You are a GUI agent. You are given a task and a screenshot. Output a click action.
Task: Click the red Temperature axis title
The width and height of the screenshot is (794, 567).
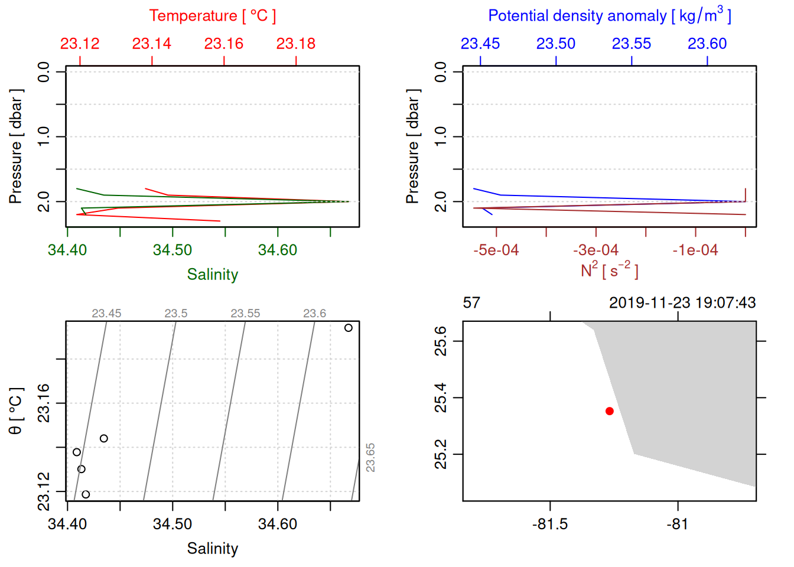tap(212, 16)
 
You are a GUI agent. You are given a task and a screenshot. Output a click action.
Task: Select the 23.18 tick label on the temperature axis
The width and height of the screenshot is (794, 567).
tap(295, 44)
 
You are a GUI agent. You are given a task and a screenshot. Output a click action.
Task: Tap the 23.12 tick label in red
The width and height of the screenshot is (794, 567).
tap(80, 44)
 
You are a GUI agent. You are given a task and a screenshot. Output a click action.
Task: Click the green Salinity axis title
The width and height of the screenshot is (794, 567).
tap(212, 275)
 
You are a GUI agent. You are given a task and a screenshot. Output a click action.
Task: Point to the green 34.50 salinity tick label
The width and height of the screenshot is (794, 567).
tap(173, 250)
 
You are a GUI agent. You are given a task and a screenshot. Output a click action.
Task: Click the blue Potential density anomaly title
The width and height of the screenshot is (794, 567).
tap(609, 16)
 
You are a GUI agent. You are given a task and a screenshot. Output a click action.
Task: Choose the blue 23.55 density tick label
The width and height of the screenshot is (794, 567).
tap(631, 44)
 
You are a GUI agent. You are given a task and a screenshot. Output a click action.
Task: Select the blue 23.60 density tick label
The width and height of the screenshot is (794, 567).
tap(707, 44)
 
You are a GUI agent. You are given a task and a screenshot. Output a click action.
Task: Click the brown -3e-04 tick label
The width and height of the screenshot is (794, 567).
tap(595, 250)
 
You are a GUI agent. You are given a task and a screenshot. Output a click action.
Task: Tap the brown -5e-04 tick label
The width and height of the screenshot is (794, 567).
tap(496, 250)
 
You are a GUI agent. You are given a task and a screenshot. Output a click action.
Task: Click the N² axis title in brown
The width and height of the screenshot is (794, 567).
tap(609, 270)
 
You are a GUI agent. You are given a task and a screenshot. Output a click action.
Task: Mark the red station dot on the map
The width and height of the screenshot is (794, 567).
tap(609, 411)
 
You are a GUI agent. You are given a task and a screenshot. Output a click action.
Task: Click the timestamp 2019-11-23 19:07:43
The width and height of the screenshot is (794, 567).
tap(682, 303)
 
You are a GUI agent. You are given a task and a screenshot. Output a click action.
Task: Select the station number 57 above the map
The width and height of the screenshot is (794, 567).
tap(471, 303)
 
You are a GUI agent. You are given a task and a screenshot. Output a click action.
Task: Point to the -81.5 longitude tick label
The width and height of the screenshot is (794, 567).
tap(550, 524)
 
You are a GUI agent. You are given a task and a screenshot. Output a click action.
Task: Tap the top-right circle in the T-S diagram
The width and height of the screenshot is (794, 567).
tap(348, 328)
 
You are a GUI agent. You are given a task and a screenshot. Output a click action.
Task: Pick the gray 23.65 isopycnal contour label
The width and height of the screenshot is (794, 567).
tap(370, 458)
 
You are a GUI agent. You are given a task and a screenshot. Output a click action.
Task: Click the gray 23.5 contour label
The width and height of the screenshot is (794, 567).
tap(175, 314)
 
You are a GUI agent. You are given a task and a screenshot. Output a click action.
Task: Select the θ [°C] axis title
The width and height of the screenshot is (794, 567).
tap(16, 411)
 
